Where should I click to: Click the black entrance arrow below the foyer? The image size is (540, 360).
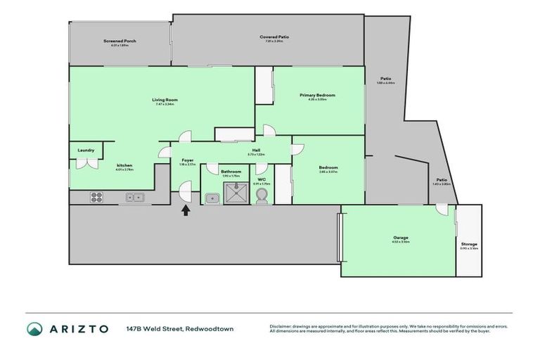point(186,210)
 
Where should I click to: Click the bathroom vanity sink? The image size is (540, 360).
point(212,198)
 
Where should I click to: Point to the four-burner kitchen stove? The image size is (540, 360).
point(97,198)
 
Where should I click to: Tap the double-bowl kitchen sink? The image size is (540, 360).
point(135,198)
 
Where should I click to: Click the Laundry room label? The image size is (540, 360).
point(86,150)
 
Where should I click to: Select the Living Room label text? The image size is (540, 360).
point(163,100)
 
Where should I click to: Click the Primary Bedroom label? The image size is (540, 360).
point(317,95)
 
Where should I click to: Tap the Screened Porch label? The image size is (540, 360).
point(120,41)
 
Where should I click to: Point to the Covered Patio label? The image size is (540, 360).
point(274,37)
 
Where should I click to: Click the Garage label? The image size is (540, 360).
point(401,238)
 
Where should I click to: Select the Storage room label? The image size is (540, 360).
point(468,244)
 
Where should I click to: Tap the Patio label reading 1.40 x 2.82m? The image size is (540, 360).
point(442,180)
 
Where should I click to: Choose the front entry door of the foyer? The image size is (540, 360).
point(184,191)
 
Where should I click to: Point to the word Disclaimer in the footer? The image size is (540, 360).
point(281,326)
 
